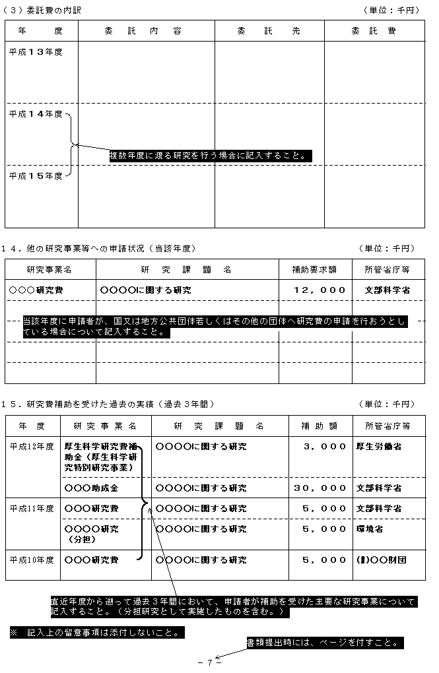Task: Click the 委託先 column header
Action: [269, 31]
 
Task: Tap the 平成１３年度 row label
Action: [36, 51]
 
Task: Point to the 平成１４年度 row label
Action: [36, 114]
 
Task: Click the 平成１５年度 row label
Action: [36, 176]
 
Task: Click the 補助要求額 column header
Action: [314, 269]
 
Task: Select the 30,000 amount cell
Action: [320, 488]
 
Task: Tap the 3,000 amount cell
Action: [324, 447]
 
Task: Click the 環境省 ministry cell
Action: [370, 529]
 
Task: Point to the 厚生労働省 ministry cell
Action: [379, 447]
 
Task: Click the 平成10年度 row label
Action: [32, 560]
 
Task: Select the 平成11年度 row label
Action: [32, 509]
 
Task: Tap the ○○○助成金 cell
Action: [91, 488]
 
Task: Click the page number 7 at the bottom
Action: [209, 663]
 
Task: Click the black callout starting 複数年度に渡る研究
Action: [209, 156]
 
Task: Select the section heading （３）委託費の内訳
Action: [43, 10]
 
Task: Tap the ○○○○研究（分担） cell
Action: [91, 534]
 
